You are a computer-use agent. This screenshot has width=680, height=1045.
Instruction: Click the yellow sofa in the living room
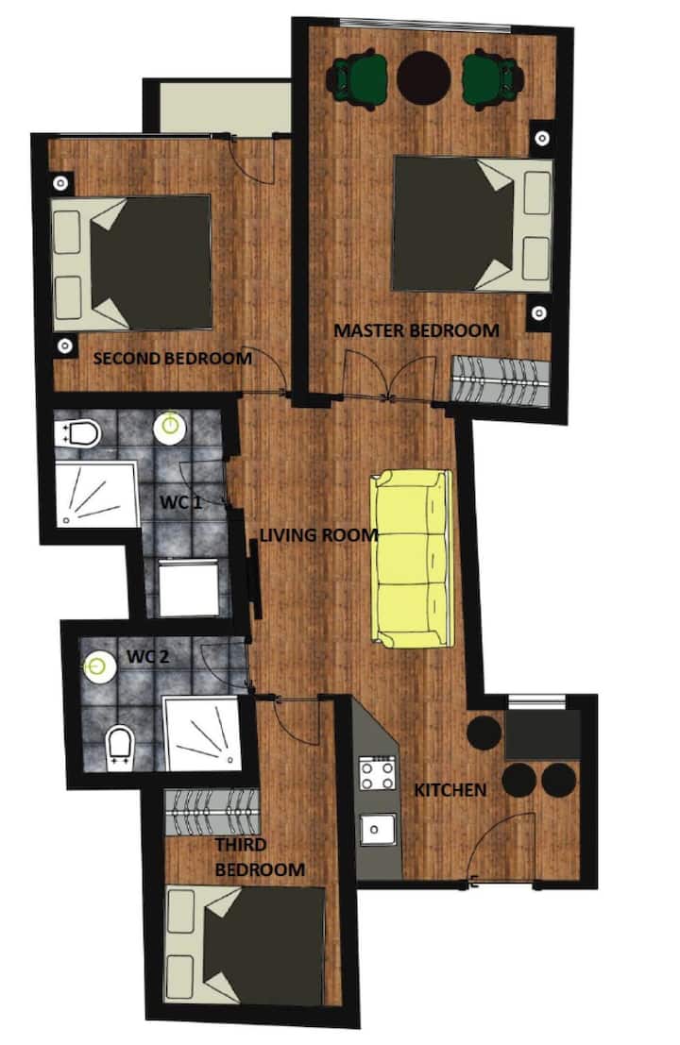tap(411, 559)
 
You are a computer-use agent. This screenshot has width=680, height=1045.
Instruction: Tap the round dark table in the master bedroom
tap(423, 78)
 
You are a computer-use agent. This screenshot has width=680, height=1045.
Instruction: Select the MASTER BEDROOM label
tap(416, 329)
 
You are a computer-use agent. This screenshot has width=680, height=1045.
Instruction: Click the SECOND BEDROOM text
tap(173, 359)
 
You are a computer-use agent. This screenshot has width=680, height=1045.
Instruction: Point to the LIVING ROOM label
tap(318, 534)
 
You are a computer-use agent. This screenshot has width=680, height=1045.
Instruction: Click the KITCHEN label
tap(450, 790)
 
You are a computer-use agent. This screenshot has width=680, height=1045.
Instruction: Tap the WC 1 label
tap(180, 502)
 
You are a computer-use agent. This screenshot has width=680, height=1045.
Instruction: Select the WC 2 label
tap(148, 656)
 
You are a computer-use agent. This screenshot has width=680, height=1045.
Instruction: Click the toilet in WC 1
tap(77, 434)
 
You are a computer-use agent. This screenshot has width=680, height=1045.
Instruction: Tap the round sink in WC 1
tap(170, 426)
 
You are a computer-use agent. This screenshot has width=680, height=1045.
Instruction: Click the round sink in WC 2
tap(96, 666)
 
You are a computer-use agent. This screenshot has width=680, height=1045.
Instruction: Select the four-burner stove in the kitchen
tap(378, 773)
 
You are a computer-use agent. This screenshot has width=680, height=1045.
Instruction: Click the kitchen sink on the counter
tap(379, 830)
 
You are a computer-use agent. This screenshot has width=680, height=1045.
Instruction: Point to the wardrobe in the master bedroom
tap(500, 380)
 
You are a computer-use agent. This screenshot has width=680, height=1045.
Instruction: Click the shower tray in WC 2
tap(201, 733)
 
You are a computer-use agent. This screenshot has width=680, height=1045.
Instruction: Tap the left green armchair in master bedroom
tap(357, 79)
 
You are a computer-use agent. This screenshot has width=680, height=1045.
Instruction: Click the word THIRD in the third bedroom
tap(240, 844)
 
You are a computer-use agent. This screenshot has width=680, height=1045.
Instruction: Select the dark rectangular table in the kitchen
tap(543, 734)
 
